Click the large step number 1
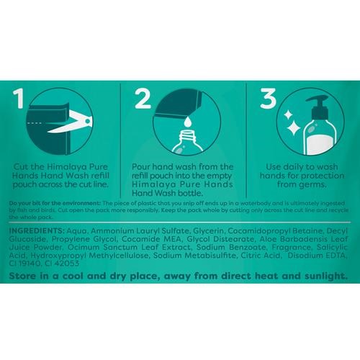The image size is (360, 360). coord(18,99)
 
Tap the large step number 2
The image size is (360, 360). coord(143,99)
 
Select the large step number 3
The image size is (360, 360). coord(268,99)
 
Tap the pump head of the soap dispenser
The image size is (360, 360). coord(318,106)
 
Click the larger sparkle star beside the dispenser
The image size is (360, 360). coord(293,128)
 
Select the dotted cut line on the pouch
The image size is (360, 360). coord(35,123)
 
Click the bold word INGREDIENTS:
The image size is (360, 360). coord(37,230)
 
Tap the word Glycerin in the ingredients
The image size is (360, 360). coord(208,231)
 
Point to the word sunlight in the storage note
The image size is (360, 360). coord(326,276)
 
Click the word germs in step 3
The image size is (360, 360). coord(313,185)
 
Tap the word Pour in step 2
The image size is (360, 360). coord(141,166)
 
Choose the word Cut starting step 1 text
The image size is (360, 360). coord(19,166)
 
